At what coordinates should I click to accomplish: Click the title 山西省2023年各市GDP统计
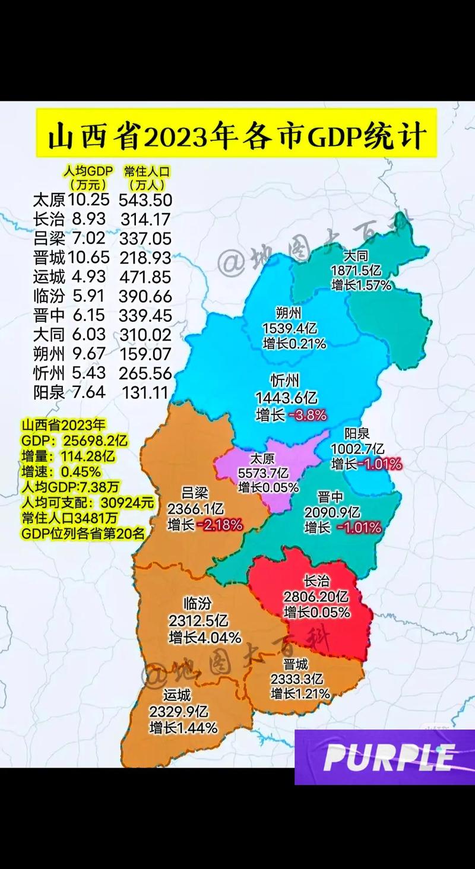tap(236, 136)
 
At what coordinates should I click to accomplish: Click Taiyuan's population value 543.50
tap(145, 200)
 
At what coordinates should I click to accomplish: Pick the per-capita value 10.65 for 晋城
tap(88, 258)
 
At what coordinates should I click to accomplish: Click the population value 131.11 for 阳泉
tap(147, 392)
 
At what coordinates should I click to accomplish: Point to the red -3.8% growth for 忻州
tap(307, 415)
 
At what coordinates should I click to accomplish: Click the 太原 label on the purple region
tap(262, 458)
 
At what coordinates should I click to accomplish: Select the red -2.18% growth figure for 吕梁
tap(222, 524)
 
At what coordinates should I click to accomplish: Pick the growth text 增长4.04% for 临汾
tap(205, 638)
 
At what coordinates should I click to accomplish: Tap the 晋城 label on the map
tap(296, 664)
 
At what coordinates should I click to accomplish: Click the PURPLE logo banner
tap(385, 757)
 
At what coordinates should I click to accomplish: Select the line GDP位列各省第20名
tap(83, 533)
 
